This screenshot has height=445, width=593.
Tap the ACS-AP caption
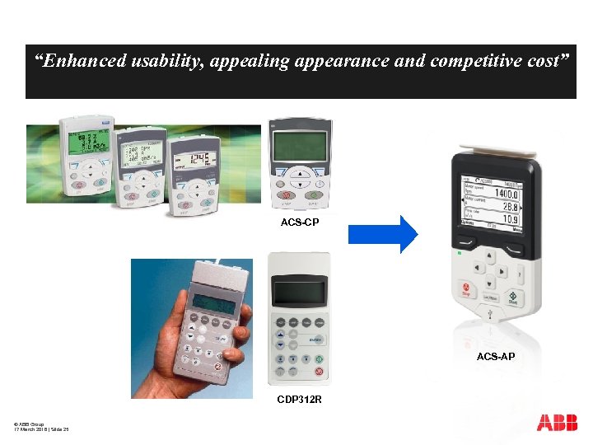click(496, 356)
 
